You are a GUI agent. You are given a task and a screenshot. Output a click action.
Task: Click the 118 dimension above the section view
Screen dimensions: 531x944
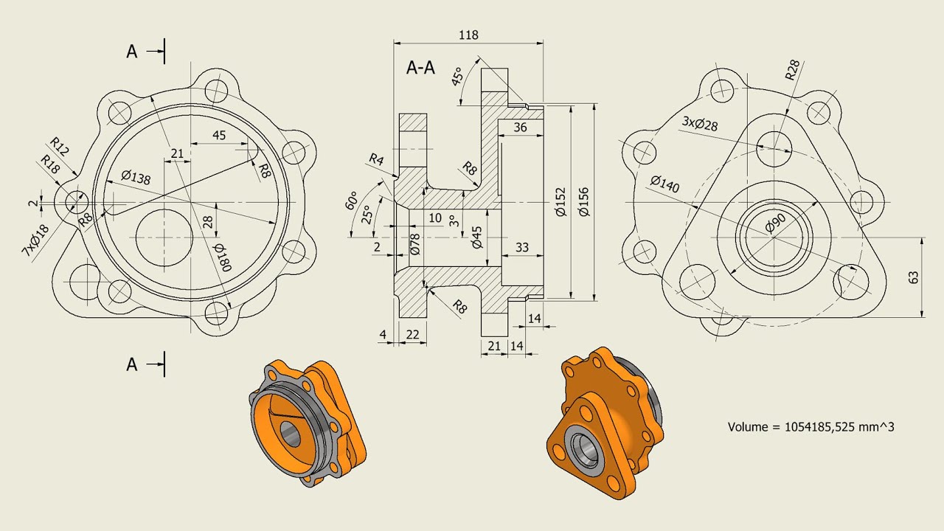(x=468, y=35)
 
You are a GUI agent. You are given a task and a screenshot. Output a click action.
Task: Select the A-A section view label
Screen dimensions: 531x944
(x=420, y=68)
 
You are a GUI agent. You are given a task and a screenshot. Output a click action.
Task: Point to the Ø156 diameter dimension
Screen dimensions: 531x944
(x=584, y=201)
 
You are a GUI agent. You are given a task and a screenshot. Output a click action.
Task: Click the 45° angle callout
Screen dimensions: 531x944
(x=458, y=76)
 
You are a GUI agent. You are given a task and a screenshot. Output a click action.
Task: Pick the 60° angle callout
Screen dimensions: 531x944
(x=352, y=201)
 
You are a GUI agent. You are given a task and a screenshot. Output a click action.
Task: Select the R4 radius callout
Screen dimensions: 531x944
(x=376, y=159)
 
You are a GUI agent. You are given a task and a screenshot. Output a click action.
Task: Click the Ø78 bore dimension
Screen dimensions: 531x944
(x=415, y=244)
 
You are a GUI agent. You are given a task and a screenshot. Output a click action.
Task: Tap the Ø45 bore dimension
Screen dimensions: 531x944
(x=477, y=237)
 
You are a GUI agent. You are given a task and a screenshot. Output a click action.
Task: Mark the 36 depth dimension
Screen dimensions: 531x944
(x=520, y=127)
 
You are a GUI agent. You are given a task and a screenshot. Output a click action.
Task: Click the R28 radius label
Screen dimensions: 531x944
(x=792, y=69)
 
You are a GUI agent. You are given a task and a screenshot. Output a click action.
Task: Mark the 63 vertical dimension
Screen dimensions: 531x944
(x=914, y=277)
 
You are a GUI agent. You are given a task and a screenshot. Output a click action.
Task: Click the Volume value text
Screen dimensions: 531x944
(x=811, y=426)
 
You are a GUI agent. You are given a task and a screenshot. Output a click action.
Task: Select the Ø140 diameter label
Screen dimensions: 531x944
(x=664, y=184)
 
